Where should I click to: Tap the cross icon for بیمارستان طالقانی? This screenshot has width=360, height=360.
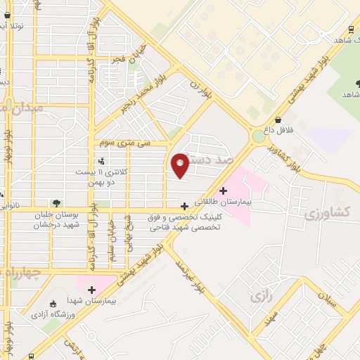pyautogui.click(x=224, y=190)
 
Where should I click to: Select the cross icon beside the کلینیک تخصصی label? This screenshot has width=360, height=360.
pyautogui.click(x=184, y=206)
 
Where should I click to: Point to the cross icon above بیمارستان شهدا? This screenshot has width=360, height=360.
pyautogui.click(x=91, y=289)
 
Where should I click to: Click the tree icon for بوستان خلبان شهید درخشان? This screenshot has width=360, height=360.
pyautogui.click(x=56, y=203)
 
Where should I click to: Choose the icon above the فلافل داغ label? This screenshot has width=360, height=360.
pyautogui.click(x=278, y=120)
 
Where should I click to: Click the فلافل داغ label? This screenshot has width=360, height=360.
pyautogui.click(x=278, y=130)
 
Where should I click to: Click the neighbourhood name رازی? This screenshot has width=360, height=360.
pyautogui.click(x=261, y=297)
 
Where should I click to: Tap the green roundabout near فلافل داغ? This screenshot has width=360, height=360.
pyautogui.click(x=258, y=135)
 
